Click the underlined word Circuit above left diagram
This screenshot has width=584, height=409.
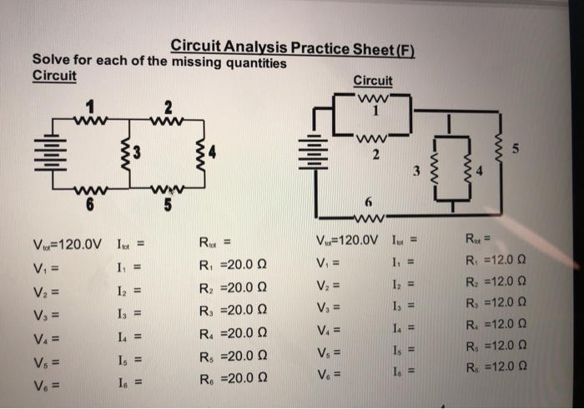[53, 77]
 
